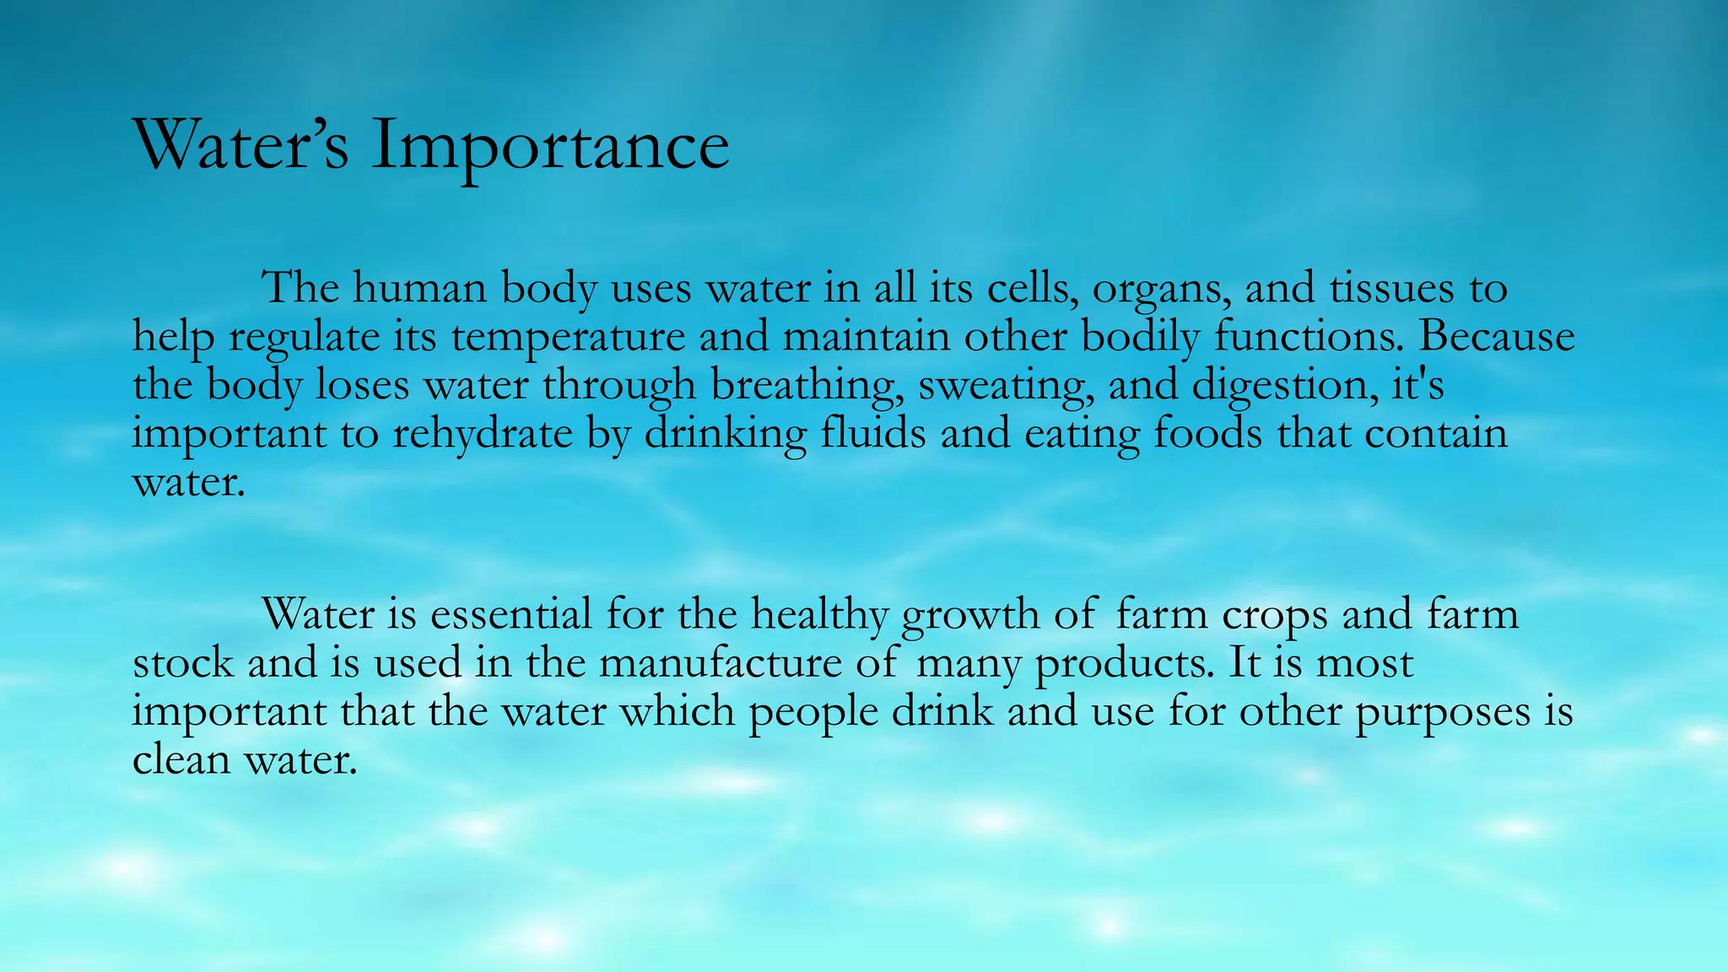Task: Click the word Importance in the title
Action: pos(549,145)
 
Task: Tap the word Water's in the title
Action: pos(240,145)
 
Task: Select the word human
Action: pos(419,289)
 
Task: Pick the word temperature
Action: pos(568,337)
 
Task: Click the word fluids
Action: pos(872,434)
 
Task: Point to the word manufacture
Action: pos(720,663)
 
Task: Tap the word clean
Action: pos(181,759)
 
